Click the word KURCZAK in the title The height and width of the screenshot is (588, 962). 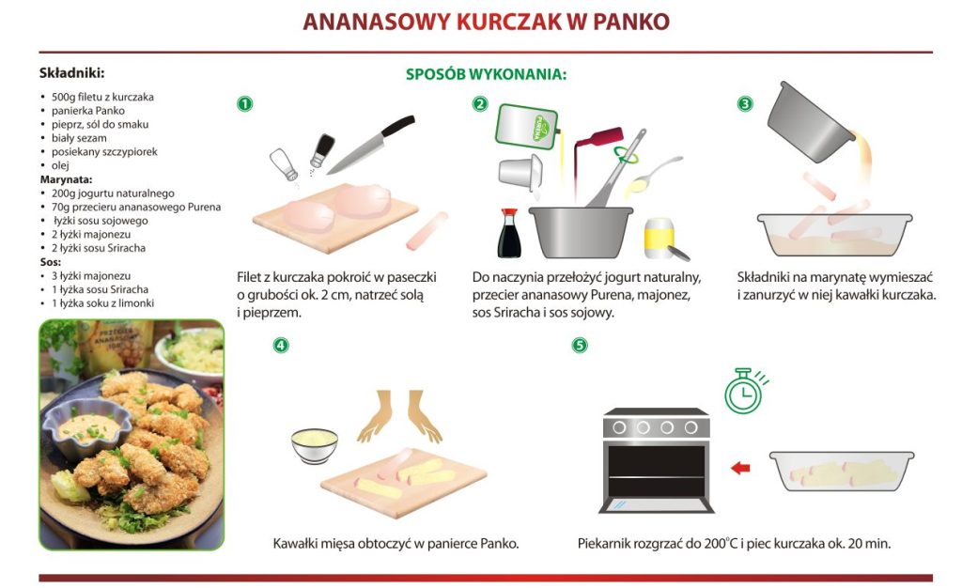(508, 22)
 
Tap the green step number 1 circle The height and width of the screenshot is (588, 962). (245, 103)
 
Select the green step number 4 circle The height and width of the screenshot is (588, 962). (280, 346)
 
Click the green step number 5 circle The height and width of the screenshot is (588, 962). (580, 346)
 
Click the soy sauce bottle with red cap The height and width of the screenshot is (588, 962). (509, 233)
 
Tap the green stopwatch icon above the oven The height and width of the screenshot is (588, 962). (745, 391)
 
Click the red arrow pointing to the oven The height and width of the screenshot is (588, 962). (740, 468)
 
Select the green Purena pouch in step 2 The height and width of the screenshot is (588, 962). (526, 127)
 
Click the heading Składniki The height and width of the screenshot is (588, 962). (71, 73)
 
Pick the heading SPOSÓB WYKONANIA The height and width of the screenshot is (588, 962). (486, 74)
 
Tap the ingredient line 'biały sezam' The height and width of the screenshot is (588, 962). (79, 138)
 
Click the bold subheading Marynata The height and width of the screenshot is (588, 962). (67, 179)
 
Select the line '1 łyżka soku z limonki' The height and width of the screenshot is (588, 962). (102, 302)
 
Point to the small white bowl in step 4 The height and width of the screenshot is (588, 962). (314, 446)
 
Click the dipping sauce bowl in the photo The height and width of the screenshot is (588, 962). (88, 428)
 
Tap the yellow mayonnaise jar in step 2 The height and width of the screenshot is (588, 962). (659, 239)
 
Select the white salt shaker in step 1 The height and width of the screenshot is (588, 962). (284, 164)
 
